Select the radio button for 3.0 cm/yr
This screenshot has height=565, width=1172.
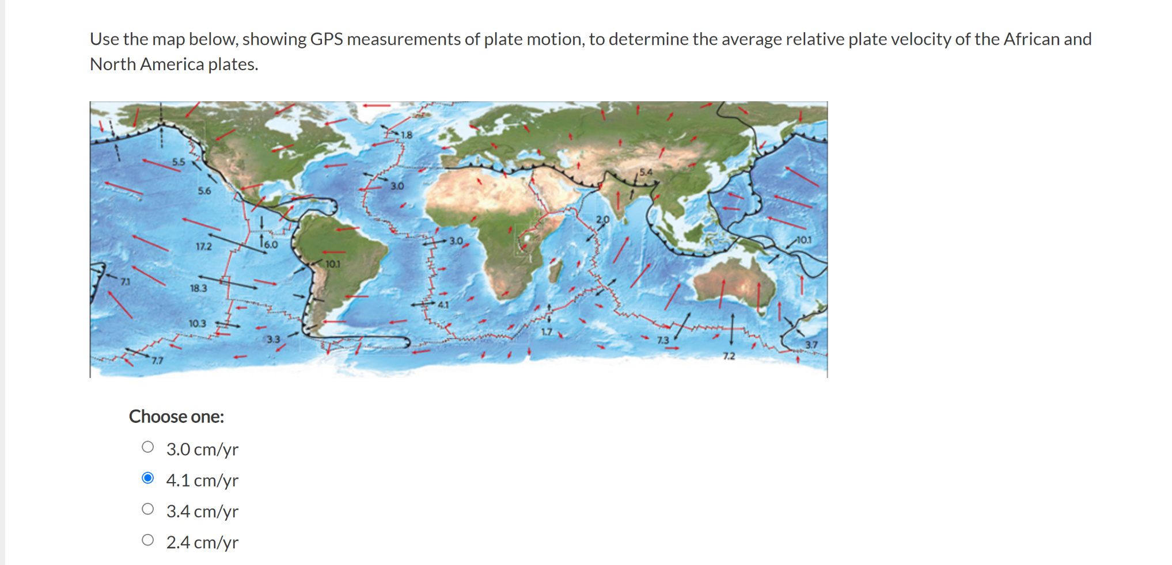click(x=148, y=447)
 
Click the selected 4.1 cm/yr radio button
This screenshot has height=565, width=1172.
click(x=148, y=478)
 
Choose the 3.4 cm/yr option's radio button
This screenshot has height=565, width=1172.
click(x=148, y=509)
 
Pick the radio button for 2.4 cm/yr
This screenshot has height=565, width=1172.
click(x=148, y=540)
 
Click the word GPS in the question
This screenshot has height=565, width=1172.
click(x=326, y=39)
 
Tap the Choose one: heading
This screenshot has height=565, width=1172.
click(x=176, y=417)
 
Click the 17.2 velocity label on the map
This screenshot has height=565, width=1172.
click(x=203, y=246)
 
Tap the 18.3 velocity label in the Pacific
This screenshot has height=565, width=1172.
click(x=198, y=288)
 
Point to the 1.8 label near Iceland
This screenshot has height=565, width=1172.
click(x=407, y=135)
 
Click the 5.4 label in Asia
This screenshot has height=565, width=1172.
click(x=646, y=171)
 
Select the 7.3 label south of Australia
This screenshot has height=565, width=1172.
click(x=663, y=340)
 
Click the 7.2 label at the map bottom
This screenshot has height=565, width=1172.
click(x=729, y=356)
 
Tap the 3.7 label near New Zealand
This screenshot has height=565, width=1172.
click(x=811, y=345)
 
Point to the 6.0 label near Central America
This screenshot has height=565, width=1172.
click(x=270, y=245)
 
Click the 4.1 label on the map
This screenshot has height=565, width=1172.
click(x=443, y=304)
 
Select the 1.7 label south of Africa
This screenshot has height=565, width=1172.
click(x=546, y=332)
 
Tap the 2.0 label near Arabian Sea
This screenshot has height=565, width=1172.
click(x=602, y=219)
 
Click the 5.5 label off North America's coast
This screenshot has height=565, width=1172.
click(x=179, y=162)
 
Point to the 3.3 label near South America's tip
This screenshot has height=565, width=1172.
click(x=273, y=339)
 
